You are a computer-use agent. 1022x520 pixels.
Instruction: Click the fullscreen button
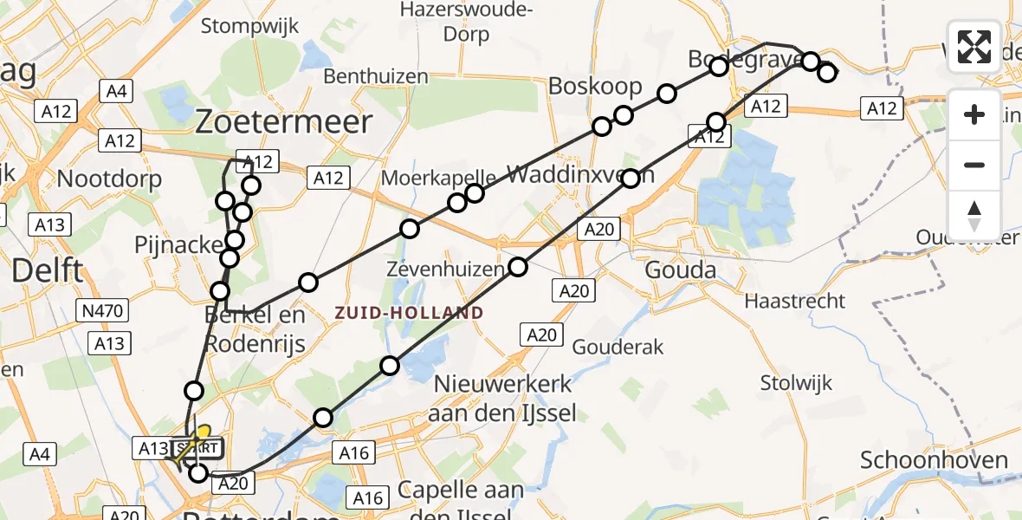(974, 47)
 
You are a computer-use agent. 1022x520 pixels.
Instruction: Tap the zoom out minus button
(974, 165)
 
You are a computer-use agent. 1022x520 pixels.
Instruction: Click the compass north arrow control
(974, 215)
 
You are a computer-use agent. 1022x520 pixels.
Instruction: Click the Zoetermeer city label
(284, 122)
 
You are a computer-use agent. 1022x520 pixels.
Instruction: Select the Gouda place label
(681, 271)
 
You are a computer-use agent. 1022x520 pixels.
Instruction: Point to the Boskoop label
(595, 86)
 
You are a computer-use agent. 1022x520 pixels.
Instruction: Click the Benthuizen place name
(376, 76)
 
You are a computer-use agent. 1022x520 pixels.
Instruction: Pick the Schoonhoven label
(934, 460)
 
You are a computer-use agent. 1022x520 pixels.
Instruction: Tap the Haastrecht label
(795, 302)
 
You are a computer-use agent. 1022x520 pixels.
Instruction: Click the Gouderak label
(618, 348)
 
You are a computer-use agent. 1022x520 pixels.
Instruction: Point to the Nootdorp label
(109, 179)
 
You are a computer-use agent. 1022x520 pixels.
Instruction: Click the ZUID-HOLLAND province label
(410, 312)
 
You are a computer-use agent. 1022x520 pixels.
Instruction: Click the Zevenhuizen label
(444, 270)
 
